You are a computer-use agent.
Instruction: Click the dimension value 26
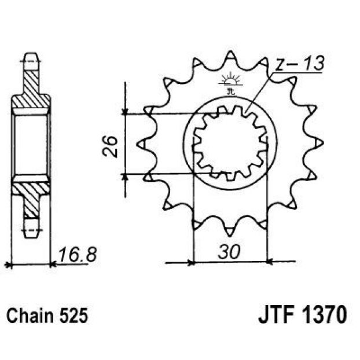tap(110, 146)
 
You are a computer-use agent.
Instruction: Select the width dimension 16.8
tap(78, 255)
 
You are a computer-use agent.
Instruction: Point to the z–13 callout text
tap(300, 63)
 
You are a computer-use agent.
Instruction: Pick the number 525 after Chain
tap(74, 316)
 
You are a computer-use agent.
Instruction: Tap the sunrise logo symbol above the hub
tap(230, 83)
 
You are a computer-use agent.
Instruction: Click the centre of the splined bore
tap(230, 144)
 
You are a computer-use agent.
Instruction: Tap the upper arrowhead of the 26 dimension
tap(124, 111)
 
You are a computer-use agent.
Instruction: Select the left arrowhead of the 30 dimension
tap(191, 262)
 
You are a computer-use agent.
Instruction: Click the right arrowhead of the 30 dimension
tap(270, 262)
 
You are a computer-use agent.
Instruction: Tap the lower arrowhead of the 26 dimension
tap(124, 177)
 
